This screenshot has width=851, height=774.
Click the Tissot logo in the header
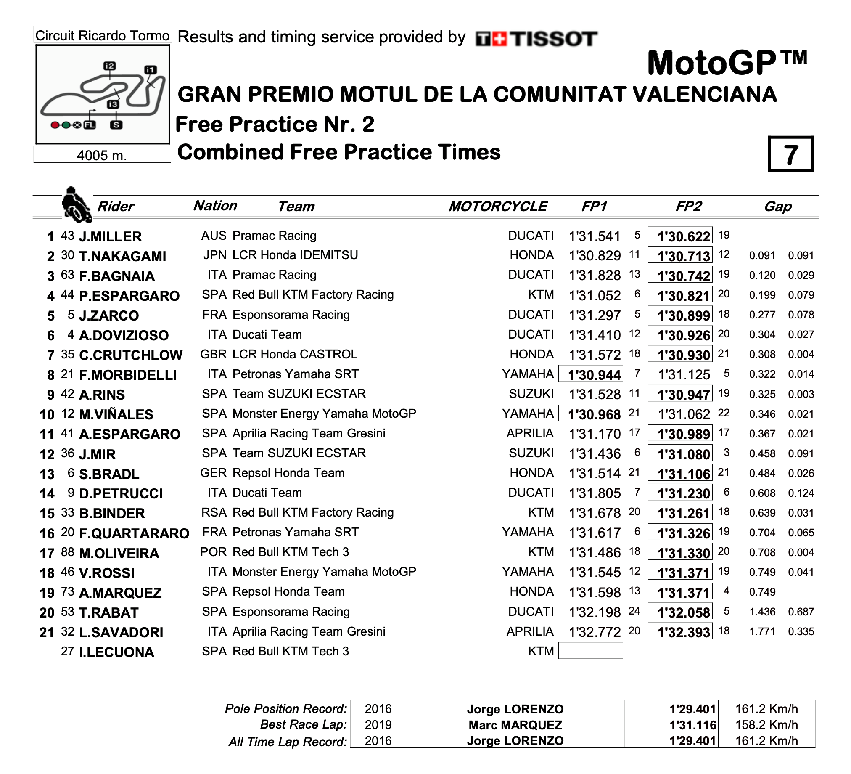[536, 39]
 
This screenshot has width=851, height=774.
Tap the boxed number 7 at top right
[790, 154]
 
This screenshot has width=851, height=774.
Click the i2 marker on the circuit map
[110, 66]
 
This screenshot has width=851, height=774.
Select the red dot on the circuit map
[55, 125]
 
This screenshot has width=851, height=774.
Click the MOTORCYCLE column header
[498, 207]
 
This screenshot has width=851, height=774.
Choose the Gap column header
[777, 207]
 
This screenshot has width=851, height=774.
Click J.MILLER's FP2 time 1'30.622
[680, 236]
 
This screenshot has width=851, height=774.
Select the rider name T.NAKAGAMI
[122, 256]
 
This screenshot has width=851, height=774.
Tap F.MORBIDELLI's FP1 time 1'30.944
[591, 374]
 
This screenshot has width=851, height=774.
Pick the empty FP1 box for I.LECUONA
[591, 651]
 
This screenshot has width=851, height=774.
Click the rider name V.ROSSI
[107, 573]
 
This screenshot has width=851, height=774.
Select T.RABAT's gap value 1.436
[762, 612]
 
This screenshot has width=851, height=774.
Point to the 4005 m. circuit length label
[102, 155]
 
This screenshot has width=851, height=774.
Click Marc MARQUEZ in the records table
[515, 725]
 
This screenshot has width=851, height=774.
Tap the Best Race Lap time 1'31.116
[693, 725]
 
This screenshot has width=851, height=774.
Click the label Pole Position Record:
[286, 708]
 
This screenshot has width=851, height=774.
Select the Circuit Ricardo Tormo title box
[102, 35]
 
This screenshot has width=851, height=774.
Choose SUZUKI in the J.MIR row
[531, 453]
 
